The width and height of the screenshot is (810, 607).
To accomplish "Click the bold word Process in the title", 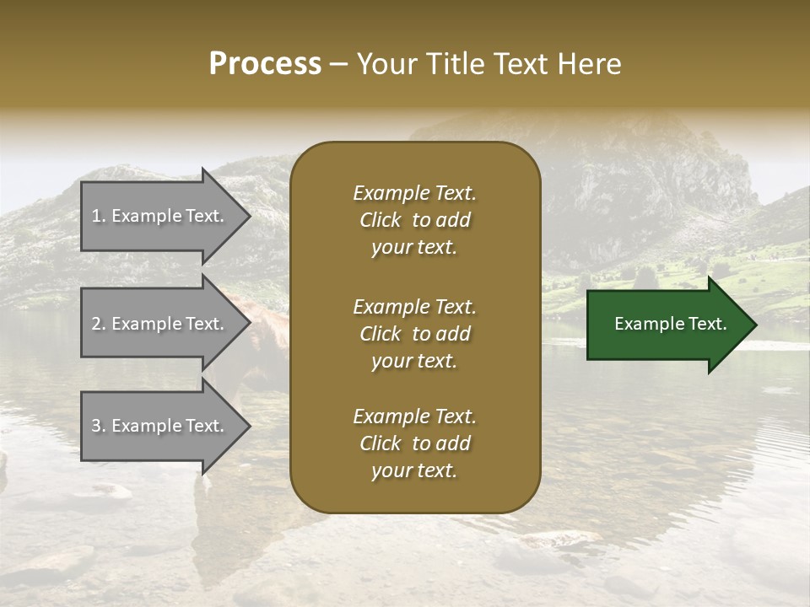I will coord(265,64).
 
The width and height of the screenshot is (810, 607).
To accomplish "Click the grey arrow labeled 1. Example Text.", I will coord(160,216).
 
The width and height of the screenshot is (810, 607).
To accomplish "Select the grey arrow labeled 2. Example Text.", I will coord(160,324).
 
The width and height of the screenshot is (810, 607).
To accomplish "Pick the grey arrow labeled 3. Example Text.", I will coord(160,426).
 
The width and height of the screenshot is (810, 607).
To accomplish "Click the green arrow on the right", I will coord(667,325).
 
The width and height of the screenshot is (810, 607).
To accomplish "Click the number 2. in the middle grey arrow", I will coord(99,324).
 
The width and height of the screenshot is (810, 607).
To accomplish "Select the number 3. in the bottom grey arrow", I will coord(99,426).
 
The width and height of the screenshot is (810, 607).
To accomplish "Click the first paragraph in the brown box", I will coord(414,220).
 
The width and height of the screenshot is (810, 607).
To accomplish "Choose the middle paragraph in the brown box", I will coord(414,334).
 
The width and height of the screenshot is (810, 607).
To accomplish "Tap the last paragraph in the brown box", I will coord(414,443).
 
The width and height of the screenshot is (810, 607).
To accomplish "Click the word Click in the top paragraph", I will coord(380,220).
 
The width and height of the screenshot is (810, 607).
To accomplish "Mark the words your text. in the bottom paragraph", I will coord(414,471).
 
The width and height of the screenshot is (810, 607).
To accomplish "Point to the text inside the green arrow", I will coord(670,324).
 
